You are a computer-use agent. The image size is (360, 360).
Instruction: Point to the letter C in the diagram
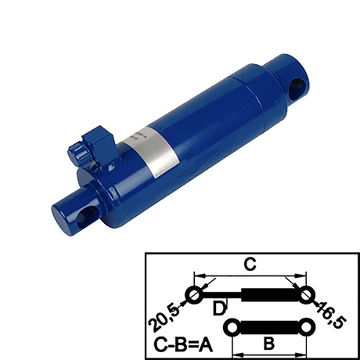250,265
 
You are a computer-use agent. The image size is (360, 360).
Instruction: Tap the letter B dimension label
266,342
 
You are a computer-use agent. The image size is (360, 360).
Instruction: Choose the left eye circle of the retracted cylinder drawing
231,325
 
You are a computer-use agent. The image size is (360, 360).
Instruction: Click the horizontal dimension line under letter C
250,275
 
